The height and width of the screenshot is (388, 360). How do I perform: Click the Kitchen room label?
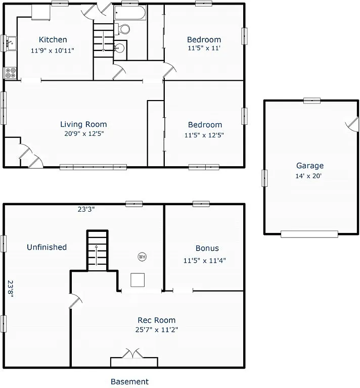53,40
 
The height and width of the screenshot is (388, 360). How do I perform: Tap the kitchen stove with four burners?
11,73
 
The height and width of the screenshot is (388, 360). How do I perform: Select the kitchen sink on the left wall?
10,44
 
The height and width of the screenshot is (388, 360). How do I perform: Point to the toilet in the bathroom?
122,29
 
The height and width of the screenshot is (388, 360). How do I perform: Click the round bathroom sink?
119,48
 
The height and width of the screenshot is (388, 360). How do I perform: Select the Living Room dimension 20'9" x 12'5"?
83,134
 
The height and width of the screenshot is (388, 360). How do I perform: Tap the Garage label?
310,166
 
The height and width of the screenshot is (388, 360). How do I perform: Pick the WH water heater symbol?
142,257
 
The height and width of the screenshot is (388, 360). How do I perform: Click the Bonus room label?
207,248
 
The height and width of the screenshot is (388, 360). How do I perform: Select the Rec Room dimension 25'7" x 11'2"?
157,329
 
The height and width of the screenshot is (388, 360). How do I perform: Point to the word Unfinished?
47,247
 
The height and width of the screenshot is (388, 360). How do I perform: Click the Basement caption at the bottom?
129,381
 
